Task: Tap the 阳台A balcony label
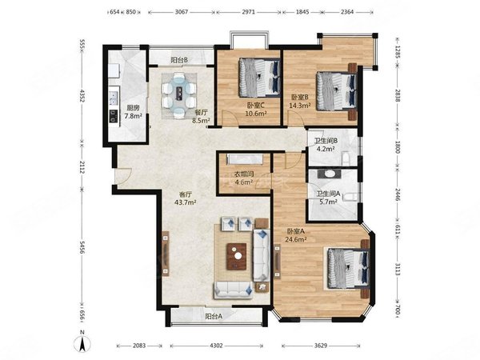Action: pos(214,317)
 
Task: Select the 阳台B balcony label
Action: pos(179,60)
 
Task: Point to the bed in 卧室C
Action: pos(259,78)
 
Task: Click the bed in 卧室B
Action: pos(337,91)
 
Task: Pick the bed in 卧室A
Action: pos(348,269)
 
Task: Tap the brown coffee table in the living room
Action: pos(237,257)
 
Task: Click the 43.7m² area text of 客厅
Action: pos(186,202)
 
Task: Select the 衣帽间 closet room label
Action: pos(244,174)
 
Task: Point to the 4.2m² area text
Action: pos(326,149)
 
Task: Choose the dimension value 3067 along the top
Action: pos(182,12)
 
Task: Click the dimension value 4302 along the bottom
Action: pos(216,346)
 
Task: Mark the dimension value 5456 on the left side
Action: pos(82,246)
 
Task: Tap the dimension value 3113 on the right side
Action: pos(398,270)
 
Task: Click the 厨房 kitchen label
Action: pos(133,108)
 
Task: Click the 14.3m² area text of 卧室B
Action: pos(300,106)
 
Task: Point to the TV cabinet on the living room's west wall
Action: pos(166,254)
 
